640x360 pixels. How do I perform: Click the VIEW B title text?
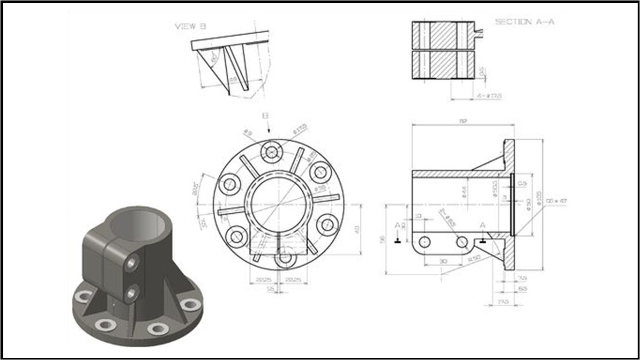coord(190,27)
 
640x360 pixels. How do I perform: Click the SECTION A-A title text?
coord(525,22)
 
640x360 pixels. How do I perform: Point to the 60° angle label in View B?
coord(215,59)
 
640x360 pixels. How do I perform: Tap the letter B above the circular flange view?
coord(266,115)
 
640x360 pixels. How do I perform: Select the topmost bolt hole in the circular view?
coord(272,152)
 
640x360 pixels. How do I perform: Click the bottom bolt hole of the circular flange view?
coord(284,258)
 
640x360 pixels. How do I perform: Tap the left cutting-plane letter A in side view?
coord(397,225)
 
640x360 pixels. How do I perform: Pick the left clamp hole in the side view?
coord(424,242)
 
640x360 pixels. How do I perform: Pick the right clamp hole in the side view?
coord(462,242)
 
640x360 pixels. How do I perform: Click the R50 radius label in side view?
coord(474,258)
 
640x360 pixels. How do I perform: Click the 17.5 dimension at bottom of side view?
coord(503,301)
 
